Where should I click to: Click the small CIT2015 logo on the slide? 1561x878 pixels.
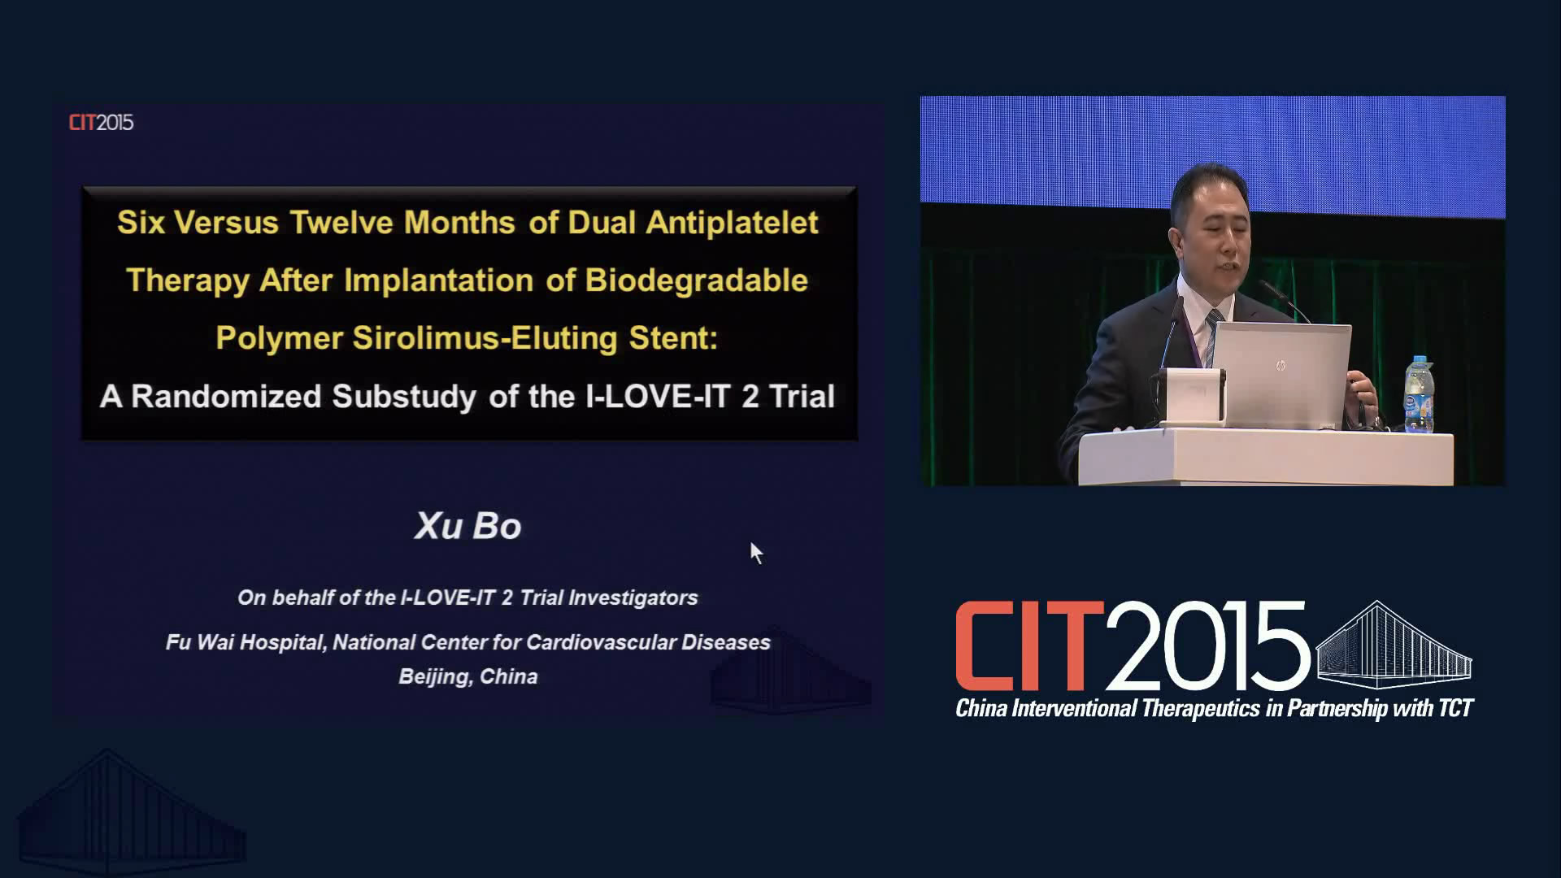101,123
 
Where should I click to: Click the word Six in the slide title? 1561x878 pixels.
141,223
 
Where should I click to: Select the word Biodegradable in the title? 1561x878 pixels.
697,280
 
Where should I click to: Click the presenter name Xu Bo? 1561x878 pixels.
468,526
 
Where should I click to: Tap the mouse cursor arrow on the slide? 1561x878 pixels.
756,553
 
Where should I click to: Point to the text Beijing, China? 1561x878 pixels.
468,677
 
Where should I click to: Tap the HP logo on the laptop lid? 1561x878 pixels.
1281,365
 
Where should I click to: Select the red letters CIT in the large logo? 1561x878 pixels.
1029,646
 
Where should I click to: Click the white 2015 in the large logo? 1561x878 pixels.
1207,646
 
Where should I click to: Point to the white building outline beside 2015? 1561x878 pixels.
1394,645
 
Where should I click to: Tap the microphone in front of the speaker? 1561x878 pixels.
1284,300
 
